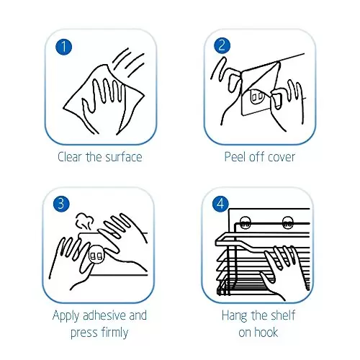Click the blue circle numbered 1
[63, 47]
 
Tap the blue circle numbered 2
[222, 45]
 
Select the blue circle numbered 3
[61, 204]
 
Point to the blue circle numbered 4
[220, 204]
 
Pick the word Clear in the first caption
[69, 157]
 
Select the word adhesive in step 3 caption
[104, 315]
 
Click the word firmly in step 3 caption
[114, 333]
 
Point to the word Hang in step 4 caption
[234, 316]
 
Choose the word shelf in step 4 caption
[283, 315]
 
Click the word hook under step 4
[266, 333]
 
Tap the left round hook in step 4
[245, 222]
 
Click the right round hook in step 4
[287, 222]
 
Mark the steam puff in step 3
[84, 221]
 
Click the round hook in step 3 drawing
[96, 255]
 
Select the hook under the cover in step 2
[257, 96]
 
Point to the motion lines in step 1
[128, 63]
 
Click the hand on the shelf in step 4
[284, 271]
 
